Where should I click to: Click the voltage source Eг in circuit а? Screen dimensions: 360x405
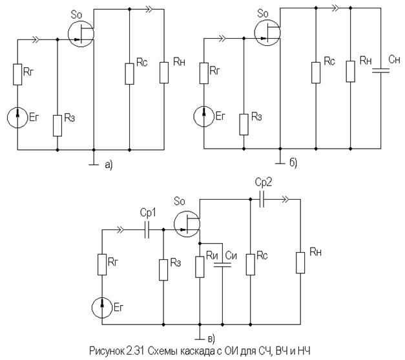(x=18, y=118)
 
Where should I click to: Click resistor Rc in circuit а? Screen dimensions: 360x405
(x=130, y=72)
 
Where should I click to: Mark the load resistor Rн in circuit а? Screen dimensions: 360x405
(x=164, y=72)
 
